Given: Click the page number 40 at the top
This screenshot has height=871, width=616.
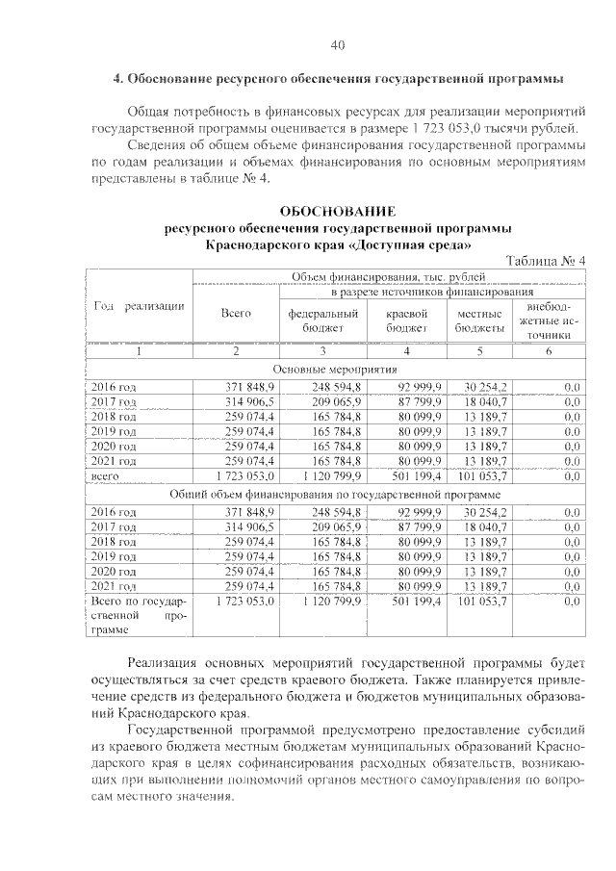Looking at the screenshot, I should click(x=336, y=45).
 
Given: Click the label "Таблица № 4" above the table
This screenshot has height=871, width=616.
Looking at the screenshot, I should click(x=545, y=262).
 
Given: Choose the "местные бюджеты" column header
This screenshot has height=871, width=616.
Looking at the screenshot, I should click(x=479, y=320).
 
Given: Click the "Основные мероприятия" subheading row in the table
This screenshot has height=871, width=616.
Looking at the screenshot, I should click(x=336, y=369).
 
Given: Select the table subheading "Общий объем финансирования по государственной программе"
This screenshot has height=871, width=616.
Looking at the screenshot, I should click(x=336, y=493).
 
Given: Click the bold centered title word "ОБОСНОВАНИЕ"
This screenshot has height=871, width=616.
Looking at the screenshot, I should click(x=336, y=211).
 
